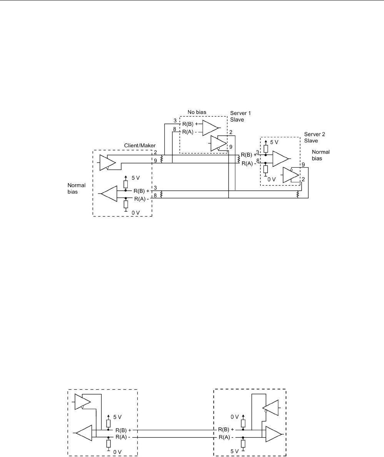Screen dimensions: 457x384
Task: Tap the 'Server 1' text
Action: click(x=240, y=113)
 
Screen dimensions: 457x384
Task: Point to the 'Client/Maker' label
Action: click(x=140, y=146)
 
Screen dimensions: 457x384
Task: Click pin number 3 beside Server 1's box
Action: click(x=175, y=121)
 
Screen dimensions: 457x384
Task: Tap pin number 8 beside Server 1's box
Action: click(x=175, y=130)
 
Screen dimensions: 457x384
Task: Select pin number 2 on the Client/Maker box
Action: click(x=155, y=153)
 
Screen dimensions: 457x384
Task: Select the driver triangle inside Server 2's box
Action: click(x=291, y=175)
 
